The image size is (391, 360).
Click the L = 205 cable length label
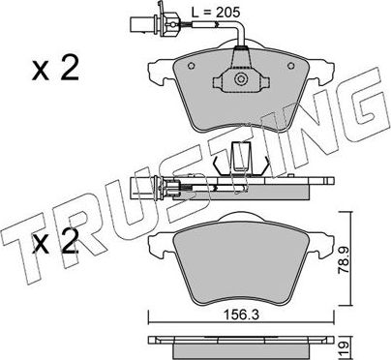tap(216, 13)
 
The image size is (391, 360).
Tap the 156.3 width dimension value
tap(241, 315)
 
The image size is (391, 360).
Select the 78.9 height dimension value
tap(344, 260)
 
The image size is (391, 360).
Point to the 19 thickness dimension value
tap(345, 348)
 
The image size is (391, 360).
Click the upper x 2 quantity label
tap(55, 69)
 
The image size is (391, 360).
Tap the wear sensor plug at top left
tap(153, 23)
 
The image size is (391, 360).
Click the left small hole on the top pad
tap(191, 66)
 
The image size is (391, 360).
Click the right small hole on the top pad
tap(291, 66)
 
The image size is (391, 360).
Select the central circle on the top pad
tap(241, 79)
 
